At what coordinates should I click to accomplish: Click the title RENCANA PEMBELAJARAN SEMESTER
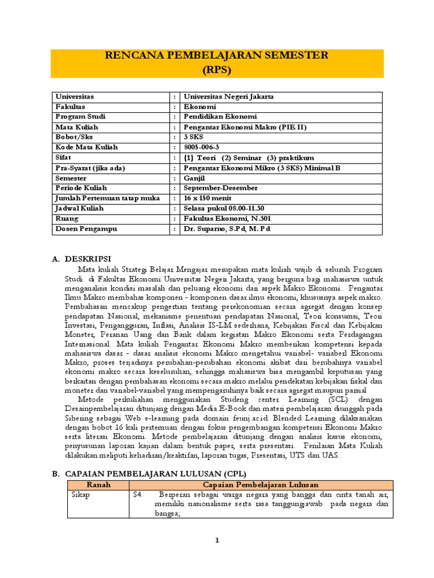coord(217,56)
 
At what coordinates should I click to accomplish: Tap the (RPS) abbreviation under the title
coord(217,70)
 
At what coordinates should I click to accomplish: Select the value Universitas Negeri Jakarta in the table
coord(228,97)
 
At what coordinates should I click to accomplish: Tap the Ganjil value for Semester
coord(195,178)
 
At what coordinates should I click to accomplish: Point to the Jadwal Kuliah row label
coord(79,208)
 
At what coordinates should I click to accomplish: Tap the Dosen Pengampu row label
coord(82,229)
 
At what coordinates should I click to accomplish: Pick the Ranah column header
coord(98,485)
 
